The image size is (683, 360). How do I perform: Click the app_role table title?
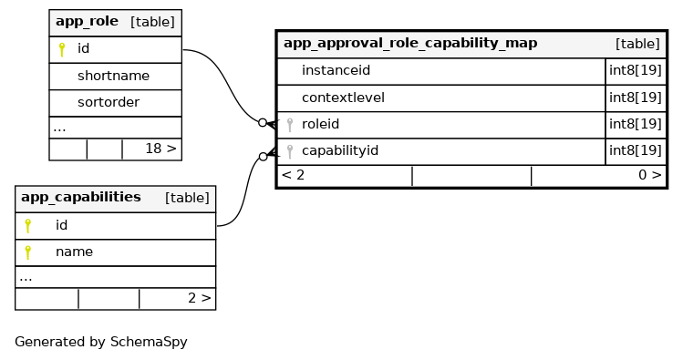point(87,21)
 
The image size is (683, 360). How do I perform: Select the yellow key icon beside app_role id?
point(62,49)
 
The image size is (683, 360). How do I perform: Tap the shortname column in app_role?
point(113,76)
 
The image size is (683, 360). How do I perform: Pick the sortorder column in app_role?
point(109,102)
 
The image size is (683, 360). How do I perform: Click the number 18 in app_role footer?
point(153,149)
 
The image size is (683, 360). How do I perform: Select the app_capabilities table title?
point(81,197)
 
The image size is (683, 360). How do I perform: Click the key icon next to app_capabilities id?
point(28,225)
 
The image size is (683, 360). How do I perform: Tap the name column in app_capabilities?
point(74,252)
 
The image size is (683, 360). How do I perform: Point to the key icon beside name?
point(28,252)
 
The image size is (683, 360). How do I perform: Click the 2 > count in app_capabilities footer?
point(200,298)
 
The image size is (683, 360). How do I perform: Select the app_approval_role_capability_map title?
point(410,43)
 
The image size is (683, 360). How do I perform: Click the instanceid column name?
point(336,70)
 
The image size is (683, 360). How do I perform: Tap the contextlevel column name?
point(343,98)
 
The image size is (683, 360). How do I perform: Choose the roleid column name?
point(320,124)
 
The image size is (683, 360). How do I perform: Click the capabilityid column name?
point(340,150)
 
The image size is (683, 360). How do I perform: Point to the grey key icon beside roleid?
point(290,125)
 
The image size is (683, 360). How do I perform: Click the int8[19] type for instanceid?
point(636,70)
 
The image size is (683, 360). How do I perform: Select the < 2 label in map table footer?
point(293,175)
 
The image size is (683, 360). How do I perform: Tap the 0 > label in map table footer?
point(650,175)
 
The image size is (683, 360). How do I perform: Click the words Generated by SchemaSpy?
point(101,342)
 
